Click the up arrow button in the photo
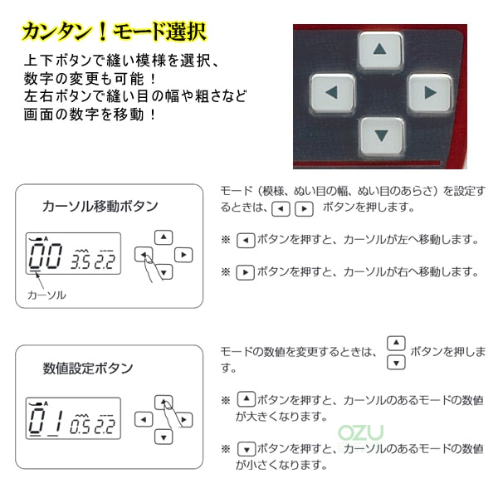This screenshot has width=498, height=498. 380,50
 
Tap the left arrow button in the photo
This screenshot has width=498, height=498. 332,93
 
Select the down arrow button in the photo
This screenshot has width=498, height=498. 381,136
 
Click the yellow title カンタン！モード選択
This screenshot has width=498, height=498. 115,32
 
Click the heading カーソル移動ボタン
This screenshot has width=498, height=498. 100,207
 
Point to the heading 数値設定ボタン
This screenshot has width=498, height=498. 88,369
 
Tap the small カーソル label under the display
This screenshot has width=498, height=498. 46,295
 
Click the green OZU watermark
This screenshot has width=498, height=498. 360,432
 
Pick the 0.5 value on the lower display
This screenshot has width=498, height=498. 80,425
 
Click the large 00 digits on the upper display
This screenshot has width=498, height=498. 46,256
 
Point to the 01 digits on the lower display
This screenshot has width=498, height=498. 46,422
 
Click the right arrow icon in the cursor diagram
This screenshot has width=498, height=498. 183,255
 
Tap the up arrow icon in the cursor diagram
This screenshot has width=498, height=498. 164,237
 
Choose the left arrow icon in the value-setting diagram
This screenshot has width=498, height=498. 144,419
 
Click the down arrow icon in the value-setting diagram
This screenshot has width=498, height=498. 164,437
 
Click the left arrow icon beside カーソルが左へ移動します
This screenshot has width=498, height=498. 246,241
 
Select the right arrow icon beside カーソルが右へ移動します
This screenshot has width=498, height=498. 245,272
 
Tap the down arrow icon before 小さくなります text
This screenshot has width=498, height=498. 247,449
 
